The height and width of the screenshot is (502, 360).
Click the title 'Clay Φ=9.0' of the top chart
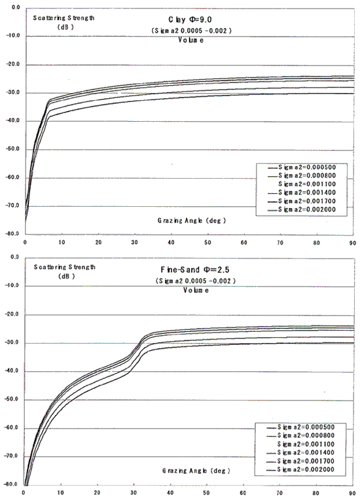pyautogui.click(x=190, y=20)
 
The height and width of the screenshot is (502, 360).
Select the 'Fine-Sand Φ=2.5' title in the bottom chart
pyautogui.click(x=195, y=270)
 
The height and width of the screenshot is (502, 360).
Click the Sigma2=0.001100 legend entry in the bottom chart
pyautogui.click(x=306, y=444)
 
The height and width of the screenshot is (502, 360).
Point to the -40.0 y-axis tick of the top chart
pyautogui.click(x=13, y=120)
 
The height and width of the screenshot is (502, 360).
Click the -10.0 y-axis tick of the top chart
pyautogui.click(x=13, y=35)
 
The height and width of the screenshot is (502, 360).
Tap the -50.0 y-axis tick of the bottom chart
pyautogui.click(x=12, y=399)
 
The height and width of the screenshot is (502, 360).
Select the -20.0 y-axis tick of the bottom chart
pyautogui.click(x=12, y=314)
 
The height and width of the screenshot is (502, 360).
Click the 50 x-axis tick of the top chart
pyautogui.click(x=207, y=242)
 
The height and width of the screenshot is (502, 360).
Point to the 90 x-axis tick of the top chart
pyautogui.click(x=352, y=243)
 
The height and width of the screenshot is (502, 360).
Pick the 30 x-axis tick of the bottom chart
pyautogui.click(x=134, y=493)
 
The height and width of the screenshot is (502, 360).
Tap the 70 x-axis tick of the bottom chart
pyautogui.click(x=279, y=493)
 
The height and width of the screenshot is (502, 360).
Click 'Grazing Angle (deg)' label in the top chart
pyautogui.click(x=192, y=221)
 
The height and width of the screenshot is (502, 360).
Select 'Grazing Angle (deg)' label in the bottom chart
pyautogui.click(x=196, y=471)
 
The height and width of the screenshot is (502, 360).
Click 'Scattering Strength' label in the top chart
pyautogui.click(x=63, y=18)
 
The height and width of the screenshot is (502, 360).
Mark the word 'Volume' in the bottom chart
pyautogui.click(x=196, y=290)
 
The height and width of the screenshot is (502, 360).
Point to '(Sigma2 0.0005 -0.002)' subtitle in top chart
pyautogui.click(x=191, y=31)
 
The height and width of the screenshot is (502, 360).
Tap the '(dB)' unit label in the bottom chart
pyautogui.click(x=66, y=276)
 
